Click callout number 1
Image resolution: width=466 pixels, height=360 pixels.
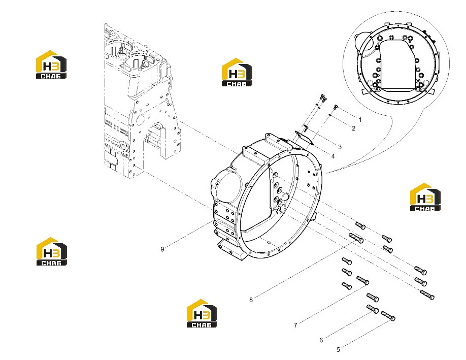[360, 120]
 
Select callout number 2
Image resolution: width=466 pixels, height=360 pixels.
[353, 128]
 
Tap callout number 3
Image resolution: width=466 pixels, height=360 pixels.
[340, 147]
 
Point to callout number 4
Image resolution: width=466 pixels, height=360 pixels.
[333, 156]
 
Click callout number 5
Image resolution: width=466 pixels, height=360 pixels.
[338, 350]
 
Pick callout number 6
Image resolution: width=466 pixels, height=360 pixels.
[321, 340]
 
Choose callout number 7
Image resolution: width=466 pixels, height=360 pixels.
[295, 325]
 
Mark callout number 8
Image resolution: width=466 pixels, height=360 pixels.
[251, 300]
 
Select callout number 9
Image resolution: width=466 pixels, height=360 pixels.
[162, 249]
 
